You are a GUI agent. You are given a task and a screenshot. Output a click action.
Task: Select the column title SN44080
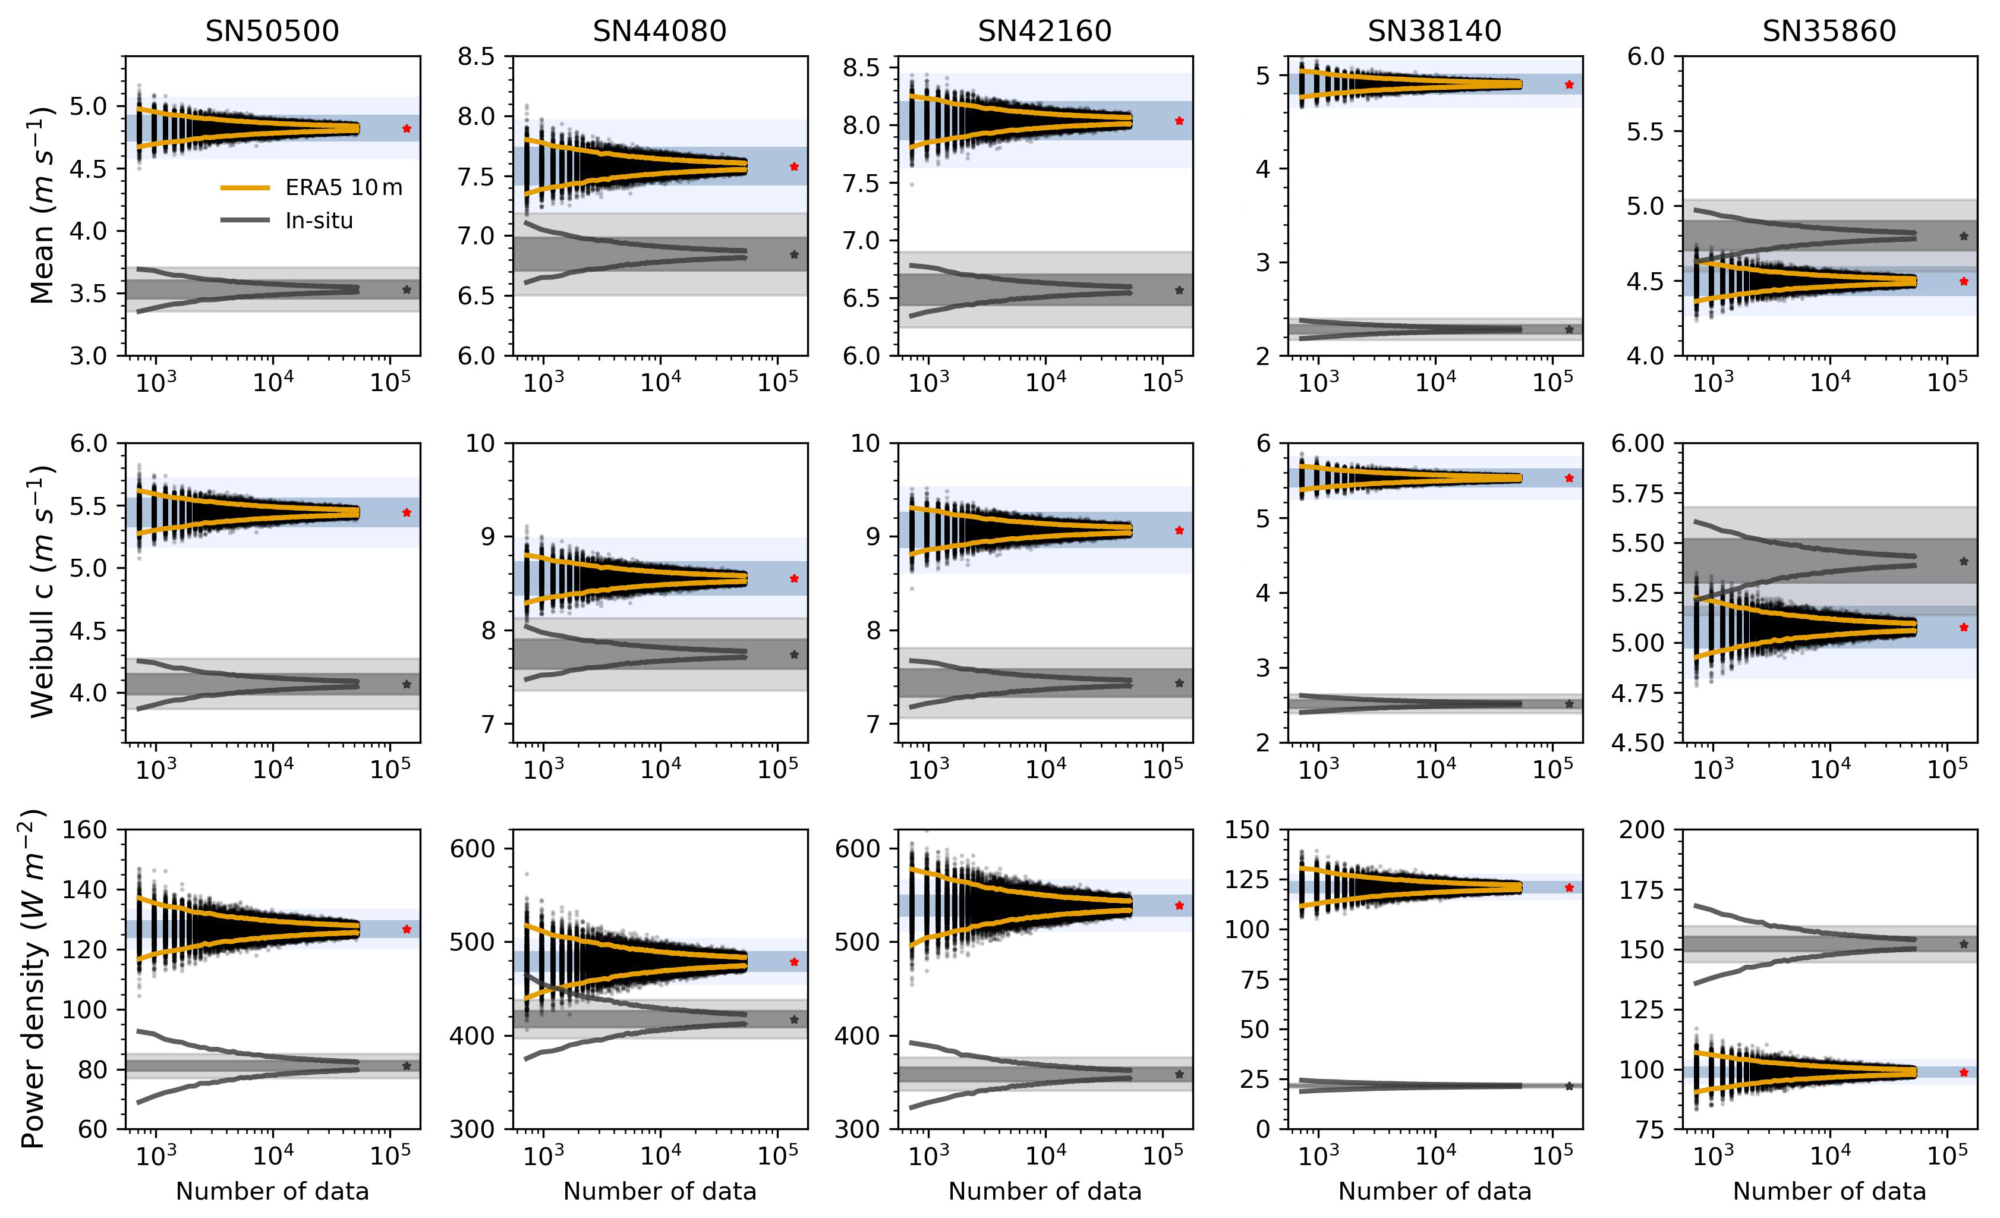pos(659,31)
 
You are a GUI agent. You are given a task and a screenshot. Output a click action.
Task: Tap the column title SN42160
pos(1045,31)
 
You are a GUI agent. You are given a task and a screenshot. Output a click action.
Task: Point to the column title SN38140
pos(1434,31)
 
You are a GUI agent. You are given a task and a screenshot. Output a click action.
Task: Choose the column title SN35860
pos(1829,31)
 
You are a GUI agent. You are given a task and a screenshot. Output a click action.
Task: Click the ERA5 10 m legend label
pos(344,188)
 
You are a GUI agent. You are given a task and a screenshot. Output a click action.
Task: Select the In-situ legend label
pos(319,221)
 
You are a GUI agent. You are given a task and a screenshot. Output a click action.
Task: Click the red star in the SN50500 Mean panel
pos(407,128)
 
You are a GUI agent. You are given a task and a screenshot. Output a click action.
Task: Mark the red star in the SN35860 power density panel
pos(1964,1072)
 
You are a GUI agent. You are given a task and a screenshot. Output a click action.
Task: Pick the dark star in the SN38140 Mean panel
pos(1569,330)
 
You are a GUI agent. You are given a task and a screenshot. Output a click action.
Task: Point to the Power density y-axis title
pos(33,978)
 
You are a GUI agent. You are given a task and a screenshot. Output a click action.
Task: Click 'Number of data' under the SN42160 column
pos(1045,1191)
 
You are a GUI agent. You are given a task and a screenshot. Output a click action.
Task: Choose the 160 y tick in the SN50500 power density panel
pos(84,830)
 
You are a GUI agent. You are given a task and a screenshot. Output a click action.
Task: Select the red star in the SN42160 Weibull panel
pos(1179,531)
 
